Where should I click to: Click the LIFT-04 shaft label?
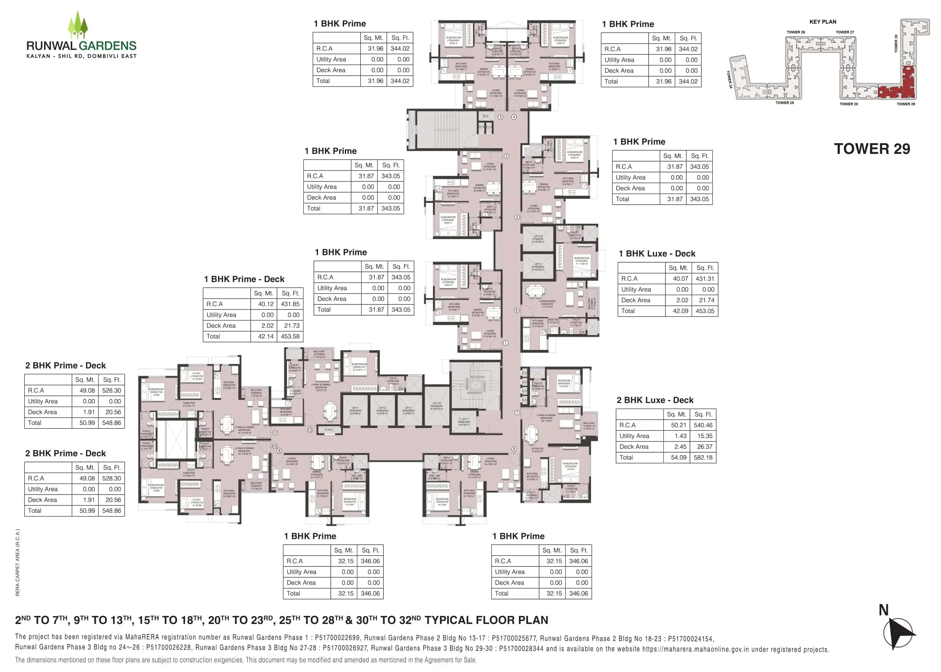click(436, 406)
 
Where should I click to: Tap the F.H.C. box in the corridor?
click(329, 429)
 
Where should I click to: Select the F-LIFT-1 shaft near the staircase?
click(464, 422)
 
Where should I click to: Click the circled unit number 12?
click(310, 430)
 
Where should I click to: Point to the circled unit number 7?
click(517, 413)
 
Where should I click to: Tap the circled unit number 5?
click(517, 217)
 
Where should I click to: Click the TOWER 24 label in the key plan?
click(730, 79)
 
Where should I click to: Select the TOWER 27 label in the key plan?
click(845, 32)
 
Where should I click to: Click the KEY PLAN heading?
click(823, 22)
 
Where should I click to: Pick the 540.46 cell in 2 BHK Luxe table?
click(703, 425)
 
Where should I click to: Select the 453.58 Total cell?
click(290, 336)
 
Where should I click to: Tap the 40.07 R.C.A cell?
click(680, 279)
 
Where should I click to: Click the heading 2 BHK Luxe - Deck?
click(655, 400)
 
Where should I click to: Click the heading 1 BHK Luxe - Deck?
click(657, 254)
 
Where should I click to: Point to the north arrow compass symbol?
click(898, 633)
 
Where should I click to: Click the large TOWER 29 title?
click(872, 149)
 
